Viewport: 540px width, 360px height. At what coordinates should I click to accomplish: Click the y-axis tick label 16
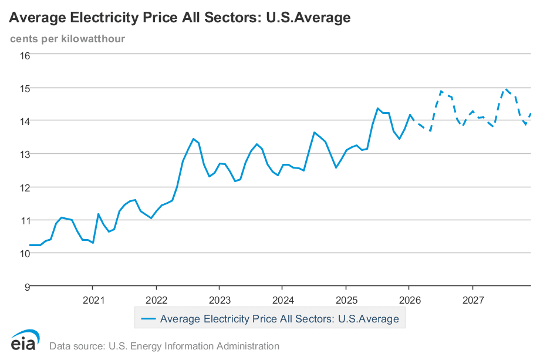coord(24,56)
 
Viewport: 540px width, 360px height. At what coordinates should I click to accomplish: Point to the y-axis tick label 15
coord(24,88)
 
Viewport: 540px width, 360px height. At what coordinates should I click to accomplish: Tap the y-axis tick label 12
coord(24,187)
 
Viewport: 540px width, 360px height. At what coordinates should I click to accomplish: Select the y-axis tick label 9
coord(26,287)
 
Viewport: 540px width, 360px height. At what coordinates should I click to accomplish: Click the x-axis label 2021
coord(94,301)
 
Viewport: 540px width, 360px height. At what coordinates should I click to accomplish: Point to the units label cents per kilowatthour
coord(67,39)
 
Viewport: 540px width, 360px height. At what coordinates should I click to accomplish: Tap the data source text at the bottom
coord(164,346)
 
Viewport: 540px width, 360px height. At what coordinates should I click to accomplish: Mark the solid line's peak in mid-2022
coord(193,139)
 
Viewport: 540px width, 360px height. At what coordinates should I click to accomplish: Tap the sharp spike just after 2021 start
coord(98,214)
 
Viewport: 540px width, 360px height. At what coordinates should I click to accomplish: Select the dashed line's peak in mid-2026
coord(441,91)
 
